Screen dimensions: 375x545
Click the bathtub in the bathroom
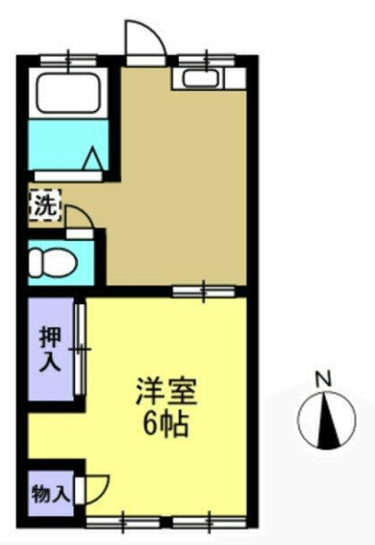point(69,93)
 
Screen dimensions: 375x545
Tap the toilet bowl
point(57,263)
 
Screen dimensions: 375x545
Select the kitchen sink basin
point(201,79)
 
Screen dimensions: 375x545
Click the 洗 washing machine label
point(45,206)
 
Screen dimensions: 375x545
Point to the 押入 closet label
point(51,349)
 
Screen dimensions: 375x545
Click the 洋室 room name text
point(167,391)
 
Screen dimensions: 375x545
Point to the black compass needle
point(326,421)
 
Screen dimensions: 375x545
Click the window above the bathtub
point(69,60)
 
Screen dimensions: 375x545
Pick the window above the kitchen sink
point(207,60)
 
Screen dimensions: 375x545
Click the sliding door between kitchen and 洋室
point(204,291)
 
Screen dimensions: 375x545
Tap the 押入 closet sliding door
point(81,349)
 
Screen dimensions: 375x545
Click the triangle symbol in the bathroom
point(93,158)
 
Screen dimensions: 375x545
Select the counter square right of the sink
point(235,79)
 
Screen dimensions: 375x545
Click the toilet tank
point(35,263)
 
